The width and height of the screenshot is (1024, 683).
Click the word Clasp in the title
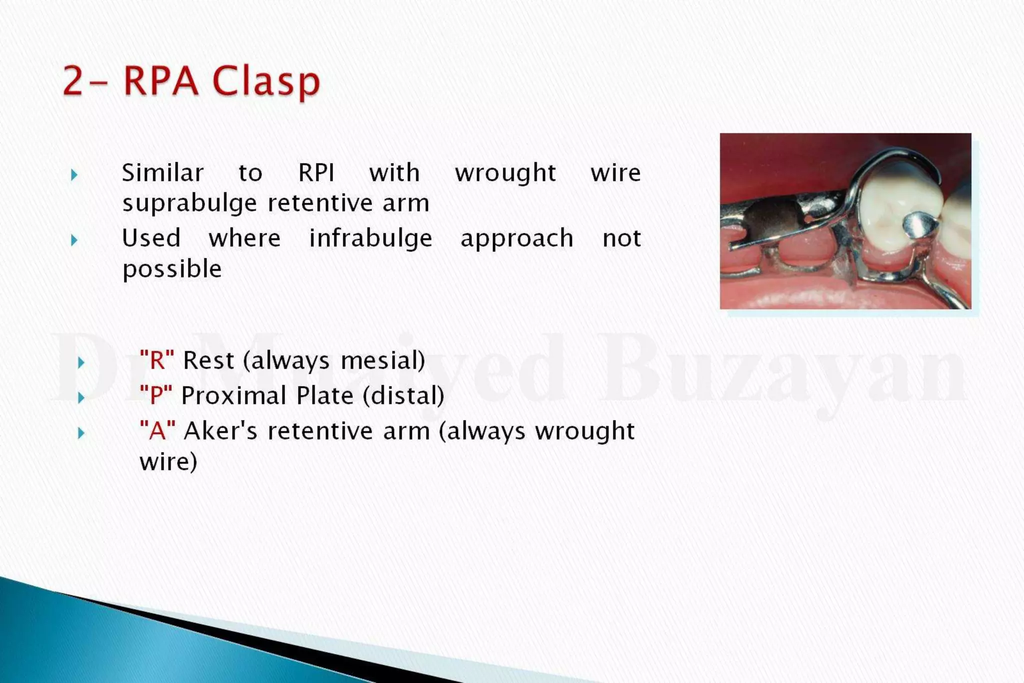[x=266, y=81]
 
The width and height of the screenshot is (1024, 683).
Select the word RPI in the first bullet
[x=316, y=173]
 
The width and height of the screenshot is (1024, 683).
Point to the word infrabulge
[x=370, y=238]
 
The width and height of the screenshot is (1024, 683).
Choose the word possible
[x=172, y=269]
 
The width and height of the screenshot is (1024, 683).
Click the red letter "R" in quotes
[x=157, y=360]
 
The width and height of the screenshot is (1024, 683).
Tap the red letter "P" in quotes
[x=156, y=395]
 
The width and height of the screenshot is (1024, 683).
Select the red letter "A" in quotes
[x=157, y=430]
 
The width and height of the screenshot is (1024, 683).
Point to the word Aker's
[x=220, y=431]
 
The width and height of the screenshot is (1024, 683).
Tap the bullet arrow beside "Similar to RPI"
[x=74, y=175]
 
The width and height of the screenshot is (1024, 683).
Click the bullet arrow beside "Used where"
[x=74, y=240]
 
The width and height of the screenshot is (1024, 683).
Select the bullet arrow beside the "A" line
[x=81, y=433]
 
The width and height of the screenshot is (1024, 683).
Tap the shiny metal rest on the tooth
[x=919, y=226]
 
